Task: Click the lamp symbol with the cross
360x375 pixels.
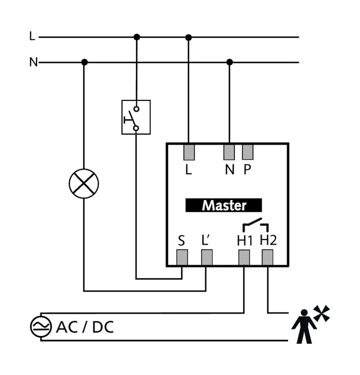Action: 84,184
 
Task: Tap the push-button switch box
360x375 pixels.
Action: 136,117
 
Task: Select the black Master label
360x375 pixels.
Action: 224,205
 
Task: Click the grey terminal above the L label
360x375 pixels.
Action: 189,152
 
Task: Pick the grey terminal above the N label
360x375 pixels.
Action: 229,152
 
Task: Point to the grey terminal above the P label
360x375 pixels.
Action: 248,152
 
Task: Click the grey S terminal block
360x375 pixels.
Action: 182,257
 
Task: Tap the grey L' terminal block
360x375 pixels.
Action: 207,257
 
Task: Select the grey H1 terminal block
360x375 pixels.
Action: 244,257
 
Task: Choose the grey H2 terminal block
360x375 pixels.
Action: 267,257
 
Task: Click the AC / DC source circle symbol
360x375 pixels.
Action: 41,327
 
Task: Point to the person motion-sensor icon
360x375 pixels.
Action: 304,325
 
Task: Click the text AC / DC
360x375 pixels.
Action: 85,327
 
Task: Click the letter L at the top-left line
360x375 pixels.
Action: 32,37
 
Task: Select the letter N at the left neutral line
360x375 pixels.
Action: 33,62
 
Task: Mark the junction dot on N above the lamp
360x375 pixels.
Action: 84,62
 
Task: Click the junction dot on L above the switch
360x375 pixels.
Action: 136,37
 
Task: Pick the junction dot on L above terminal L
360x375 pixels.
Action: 189,37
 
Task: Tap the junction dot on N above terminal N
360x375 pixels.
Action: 230,62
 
